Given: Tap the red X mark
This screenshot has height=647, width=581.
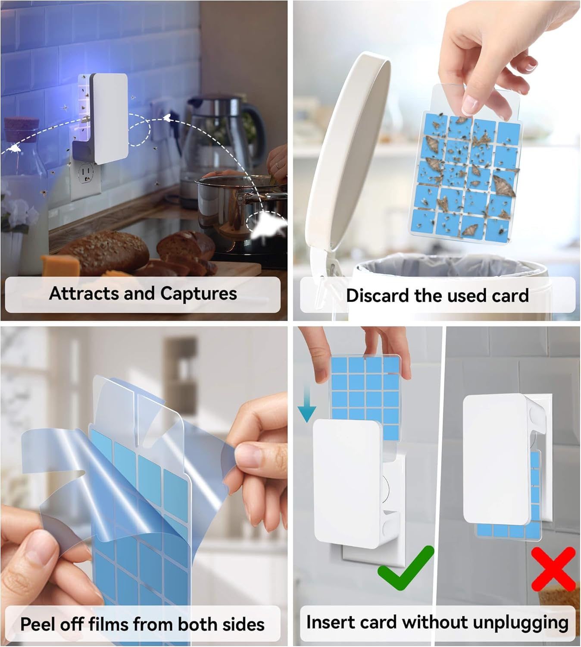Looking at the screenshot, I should [553, 568].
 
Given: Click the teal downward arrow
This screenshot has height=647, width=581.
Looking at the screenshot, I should [306, 404].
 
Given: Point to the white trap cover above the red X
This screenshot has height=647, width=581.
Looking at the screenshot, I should [496, 457].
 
